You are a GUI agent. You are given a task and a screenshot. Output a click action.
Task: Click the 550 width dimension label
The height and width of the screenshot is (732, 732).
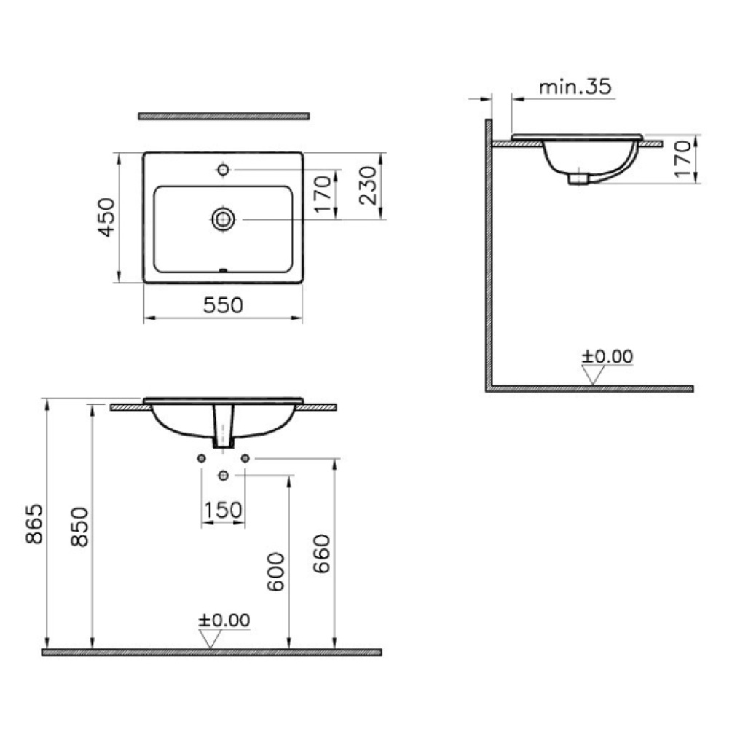[223, 305]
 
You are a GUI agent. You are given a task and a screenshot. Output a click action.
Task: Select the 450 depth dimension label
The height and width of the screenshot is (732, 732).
[107, 218]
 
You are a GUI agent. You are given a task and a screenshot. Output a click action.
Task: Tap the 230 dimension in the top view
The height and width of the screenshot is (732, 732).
[369, 185]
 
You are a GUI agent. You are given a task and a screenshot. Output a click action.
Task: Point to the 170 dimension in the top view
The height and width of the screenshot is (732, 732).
[323, 194]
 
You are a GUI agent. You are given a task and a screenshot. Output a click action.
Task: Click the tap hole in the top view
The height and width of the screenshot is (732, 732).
[223, 170]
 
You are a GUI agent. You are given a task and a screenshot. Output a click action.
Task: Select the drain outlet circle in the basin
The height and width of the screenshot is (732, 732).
[223, 219]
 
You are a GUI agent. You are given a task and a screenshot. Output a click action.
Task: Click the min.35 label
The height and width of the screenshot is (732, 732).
[575, 87]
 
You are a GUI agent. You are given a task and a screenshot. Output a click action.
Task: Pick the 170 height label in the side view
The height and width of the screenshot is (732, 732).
[683, 160]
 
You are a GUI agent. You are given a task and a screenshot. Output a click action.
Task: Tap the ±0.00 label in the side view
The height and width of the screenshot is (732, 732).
[607, 356]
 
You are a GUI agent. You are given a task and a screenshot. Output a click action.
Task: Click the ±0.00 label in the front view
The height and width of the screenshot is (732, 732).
[224, 620]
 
